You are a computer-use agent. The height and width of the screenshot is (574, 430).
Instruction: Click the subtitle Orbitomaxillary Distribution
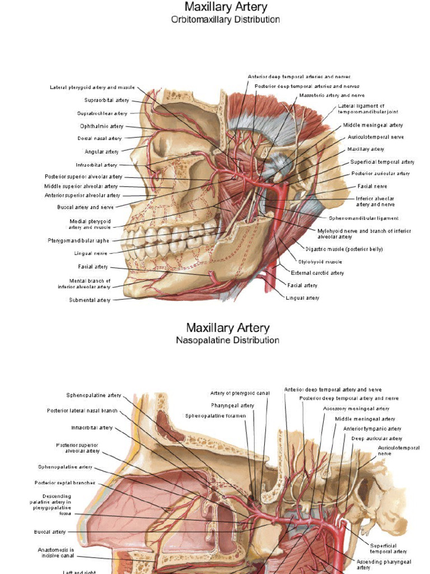point(226,20)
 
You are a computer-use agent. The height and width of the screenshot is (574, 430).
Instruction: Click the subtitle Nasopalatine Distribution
point(227,340)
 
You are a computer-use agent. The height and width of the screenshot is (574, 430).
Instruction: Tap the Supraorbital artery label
point(106,100)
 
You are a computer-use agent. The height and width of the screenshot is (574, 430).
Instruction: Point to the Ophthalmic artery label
point(101,126)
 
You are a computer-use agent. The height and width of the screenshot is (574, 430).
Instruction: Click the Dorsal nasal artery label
point(100,138)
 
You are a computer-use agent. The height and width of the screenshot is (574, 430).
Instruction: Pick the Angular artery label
point(101,152)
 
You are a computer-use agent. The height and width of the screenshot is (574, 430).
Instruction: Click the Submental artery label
point(90,300)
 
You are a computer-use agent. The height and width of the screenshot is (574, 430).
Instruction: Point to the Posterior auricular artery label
point(381,174)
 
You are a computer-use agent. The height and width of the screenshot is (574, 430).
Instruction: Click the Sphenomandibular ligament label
point(364,218)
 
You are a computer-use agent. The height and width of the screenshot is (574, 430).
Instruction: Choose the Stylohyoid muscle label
point(320,262)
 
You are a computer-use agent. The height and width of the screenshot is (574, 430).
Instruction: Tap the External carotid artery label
point(317,273)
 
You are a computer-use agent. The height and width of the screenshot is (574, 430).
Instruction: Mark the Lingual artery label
point(302,298)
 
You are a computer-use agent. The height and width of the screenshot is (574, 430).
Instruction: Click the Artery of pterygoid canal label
point(240,394)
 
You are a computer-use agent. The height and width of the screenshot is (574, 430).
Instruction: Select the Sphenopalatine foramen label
point(215,416)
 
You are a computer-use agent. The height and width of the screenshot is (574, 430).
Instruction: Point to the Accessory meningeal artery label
point(356,409)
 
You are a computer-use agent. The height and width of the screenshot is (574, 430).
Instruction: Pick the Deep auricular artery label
point(376,438)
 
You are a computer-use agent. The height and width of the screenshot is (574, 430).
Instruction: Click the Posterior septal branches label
point(65,483)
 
